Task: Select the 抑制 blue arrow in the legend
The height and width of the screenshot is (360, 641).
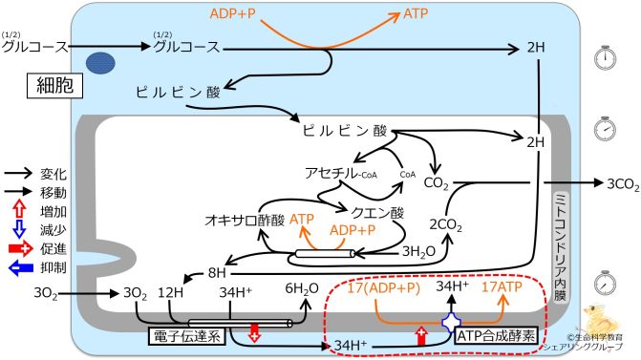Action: [19, 269]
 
